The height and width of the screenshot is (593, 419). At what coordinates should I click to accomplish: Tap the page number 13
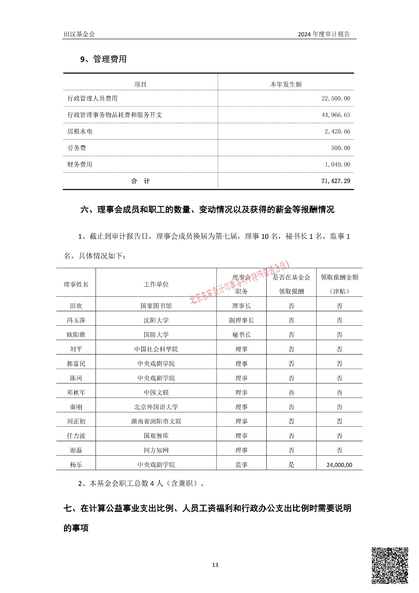coord(215,565)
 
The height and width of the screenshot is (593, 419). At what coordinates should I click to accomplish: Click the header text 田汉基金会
coord(79,34)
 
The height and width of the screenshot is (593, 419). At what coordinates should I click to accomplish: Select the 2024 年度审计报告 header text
coord(324,34)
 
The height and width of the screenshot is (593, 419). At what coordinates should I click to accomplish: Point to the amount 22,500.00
coord(336,99)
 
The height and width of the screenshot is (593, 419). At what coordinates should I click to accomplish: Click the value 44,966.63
coord(336,115)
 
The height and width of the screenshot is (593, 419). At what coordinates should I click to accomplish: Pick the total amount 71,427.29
coord(336,181)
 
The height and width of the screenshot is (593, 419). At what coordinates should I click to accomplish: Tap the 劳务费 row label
coord(77,148)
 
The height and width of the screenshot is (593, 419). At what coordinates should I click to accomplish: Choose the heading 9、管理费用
coord(103,59)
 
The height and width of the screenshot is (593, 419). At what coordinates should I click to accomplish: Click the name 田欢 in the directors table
coord(76,306)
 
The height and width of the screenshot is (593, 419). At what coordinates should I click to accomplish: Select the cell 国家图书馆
coord(156,306)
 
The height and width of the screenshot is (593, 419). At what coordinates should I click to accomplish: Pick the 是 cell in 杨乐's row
coord(291,465)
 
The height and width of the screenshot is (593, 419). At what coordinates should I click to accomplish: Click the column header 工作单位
coord(156,285)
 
